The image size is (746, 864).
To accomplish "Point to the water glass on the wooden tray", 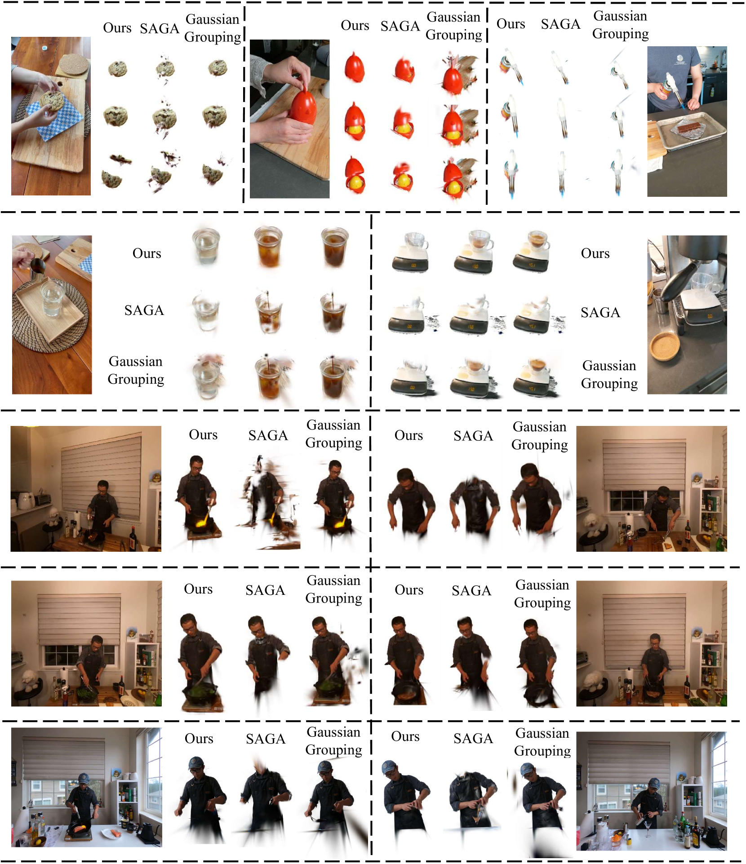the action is pos(52,297).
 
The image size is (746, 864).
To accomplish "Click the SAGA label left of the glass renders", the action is pos(144,310).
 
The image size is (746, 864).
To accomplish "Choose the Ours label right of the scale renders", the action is pos(595,253).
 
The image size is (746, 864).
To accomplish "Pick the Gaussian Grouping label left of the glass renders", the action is pos(136,370).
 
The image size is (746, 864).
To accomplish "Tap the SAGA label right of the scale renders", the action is pos(600,312).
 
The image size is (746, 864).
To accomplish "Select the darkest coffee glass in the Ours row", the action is pos(334,247).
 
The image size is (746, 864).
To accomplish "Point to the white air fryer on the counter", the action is pos(26,499).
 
